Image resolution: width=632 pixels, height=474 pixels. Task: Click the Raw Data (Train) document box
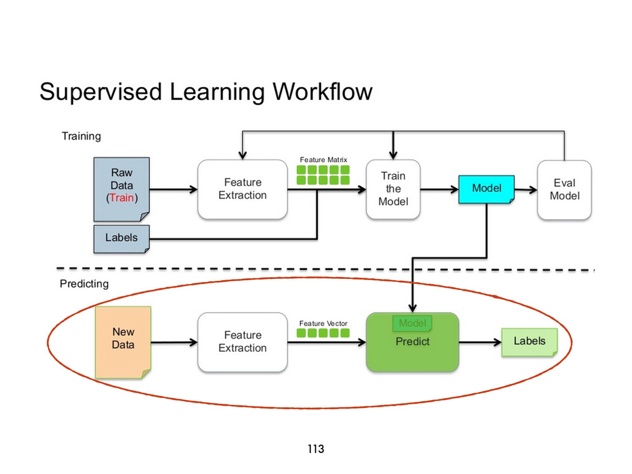122,189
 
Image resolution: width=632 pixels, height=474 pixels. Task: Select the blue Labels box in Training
122,239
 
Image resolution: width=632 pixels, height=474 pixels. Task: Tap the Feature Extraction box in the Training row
243,189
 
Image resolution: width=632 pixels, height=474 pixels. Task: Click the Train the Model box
393,189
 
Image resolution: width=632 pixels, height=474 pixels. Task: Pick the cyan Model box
486,189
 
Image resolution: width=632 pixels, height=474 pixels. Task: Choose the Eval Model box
564,189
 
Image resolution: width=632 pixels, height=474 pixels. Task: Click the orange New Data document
123,342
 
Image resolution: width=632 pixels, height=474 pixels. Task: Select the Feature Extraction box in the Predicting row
243,342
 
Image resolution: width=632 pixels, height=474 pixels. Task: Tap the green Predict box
412,342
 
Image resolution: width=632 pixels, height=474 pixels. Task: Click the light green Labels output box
530,342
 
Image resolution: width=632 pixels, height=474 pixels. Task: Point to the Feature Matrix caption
323,160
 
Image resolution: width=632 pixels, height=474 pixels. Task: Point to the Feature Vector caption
323,323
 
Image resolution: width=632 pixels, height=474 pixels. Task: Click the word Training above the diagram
81,136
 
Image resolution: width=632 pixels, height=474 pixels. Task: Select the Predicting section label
84,284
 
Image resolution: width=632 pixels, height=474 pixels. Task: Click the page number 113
315,449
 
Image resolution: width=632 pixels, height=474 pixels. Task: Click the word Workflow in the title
322,91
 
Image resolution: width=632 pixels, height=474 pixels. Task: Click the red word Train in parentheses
122,197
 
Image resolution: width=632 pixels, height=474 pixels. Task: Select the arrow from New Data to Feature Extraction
174,342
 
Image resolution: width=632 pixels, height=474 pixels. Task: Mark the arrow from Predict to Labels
480,342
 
